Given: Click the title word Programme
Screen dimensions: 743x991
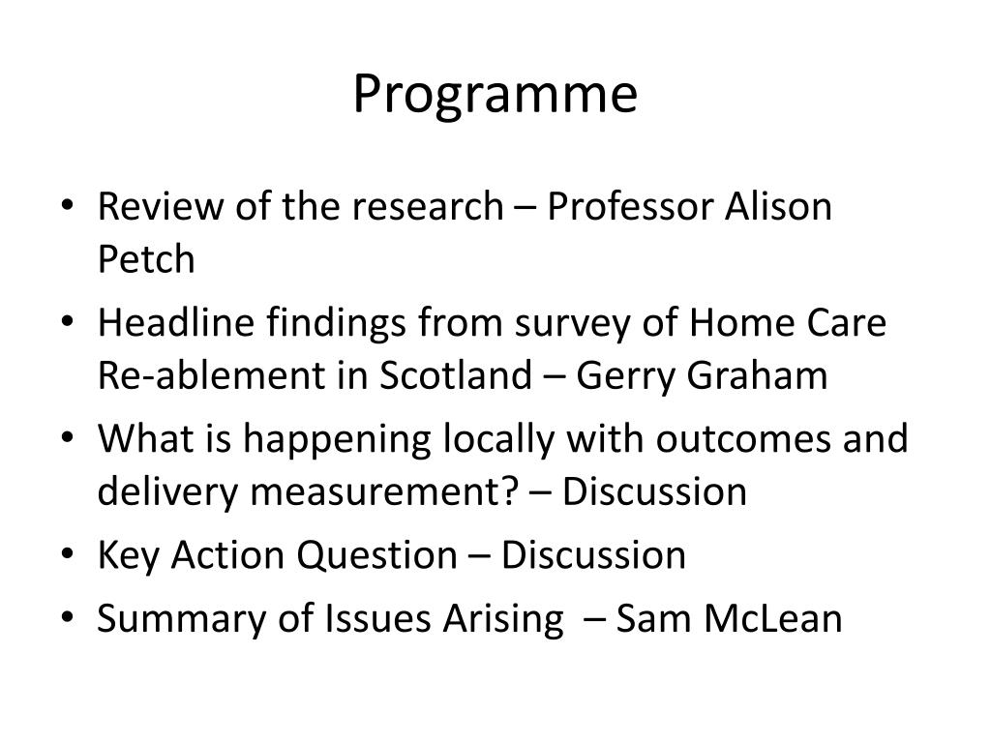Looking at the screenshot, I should pos(495,95).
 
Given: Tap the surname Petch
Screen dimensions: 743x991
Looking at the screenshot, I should pos(146,259).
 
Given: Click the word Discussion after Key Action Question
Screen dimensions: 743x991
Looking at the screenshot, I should pos(594,555).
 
